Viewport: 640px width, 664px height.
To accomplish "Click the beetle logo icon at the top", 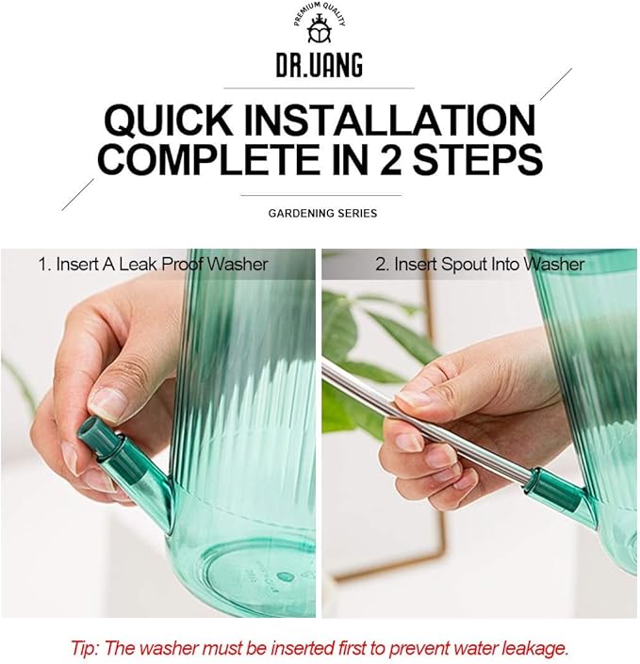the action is pyautogui.click(x=320, y=29).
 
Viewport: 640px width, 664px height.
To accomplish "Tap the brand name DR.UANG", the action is pyautogui.click(x=320, y=65).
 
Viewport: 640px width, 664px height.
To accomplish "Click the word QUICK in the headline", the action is pyautogui.click(x=169, y=121).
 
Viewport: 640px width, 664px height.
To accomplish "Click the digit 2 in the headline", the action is pyautogui.click(x=390, y=159).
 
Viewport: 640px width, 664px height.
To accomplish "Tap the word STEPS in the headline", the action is pyautogui.click(x=478, y=159).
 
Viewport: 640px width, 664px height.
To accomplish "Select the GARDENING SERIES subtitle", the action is pyautogui.click(x=322, y=213).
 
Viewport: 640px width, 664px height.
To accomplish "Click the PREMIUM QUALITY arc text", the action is pyautogui.click(x=320, y=12).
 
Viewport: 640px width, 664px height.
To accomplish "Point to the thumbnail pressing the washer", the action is pyautogui.click(x=106, y=403).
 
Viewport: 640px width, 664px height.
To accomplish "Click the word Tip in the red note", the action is pyautogui.click(x=85, y=648).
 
